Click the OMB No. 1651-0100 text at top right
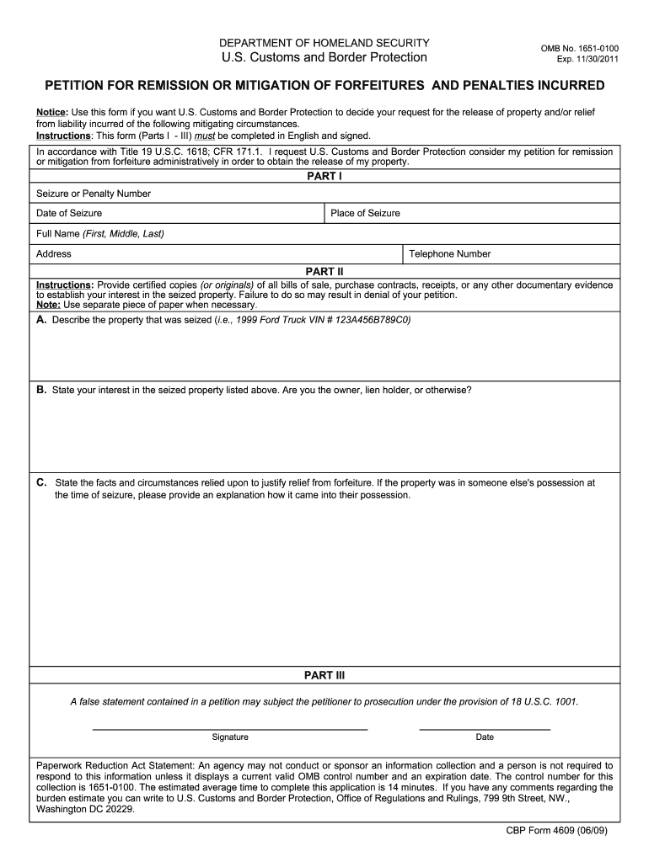[579, 49]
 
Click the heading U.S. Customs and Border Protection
[324, 58]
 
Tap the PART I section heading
[324, 177]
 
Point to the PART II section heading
[324, 272]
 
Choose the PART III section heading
[324, 675]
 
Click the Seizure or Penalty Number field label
[94, 194]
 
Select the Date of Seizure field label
[69, 214]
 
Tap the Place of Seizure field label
[365, 214]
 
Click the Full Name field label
[100, 233]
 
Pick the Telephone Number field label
[449, 254]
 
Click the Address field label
[54, 254]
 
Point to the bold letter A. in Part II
[41, 321]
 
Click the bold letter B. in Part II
[41, 390]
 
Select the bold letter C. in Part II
[41, 483]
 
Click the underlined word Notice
[51, 113]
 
